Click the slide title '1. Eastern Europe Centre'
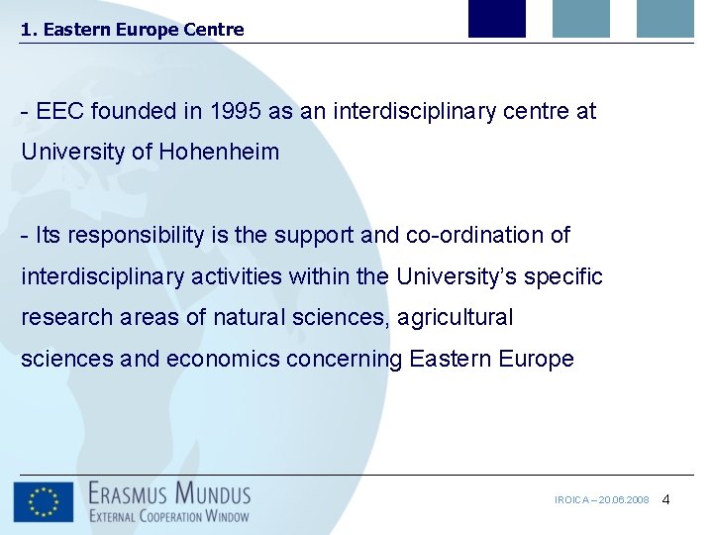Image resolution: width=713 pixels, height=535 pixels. [x=132, y=30]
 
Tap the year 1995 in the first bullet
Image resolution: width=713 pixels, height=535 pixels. [x=236, y=112]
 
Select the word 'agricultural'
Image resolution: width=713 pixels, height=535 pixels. [x=456, y=318]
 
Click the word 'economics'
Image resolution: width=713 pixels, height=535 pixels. [x=223, y=360]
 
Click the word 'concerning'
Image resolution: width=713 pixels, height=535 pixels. [x=345, y=360]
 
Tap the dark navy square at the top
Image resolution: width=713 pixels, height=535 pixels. [x=496, y=19]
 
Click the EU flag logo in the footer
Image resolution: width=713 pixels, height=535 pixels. [x=43, y=501]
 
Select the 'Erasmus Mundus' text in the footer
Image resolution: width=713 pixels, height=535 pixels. [x=169, y=492]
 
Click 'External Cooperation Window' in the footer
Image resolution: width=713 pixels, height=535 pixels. [x=169, y=515]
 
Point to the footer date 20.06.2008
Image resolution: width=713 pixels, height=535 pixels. [x=623, y=500]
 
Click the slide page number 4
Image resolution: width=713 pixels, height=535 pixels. [x=665, y=499]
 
